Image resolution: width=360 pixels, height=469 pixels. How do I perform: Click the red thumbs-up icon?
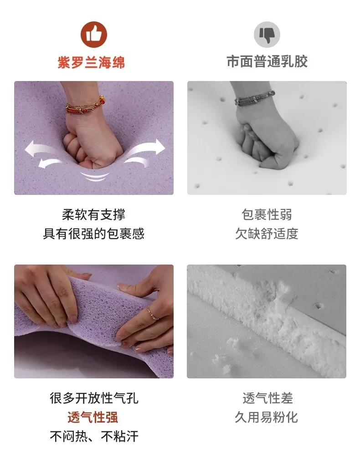point(94,35)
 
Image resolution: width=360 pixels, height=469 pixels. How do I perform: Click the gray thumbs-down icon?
point(267,35)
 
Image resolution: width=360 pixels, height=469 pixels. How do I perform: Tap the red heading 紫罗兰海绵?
point(91,62)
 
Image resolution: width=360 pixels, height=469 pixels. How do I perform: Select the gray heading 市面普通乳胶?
point(267,61)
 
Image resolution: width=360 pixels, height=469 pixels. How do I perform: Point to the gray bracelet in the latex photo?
point(255,97)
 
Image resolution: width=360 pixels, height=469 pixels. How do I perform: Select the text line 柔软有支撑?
point(94,214)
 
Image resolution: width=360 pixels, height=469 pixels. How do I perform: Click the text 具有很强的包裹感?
point(94,234)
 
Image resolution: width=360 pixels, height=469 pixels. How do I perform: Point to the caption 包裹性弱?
point(267,214)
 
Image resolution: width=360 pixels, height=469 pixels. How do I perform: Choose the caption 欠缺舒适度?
point(267,234)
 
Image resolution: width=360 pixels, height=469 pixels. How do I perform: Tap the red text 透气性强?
point(93,417)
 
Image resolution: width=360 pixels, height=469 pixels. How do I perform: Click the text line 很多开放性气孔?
point(94,398)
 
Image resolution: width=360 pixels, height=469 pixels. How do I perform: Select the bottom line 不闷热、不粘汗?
point(94,436)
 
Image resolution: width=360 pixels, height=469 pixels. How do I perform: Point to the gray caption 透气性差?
point(267,398)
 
